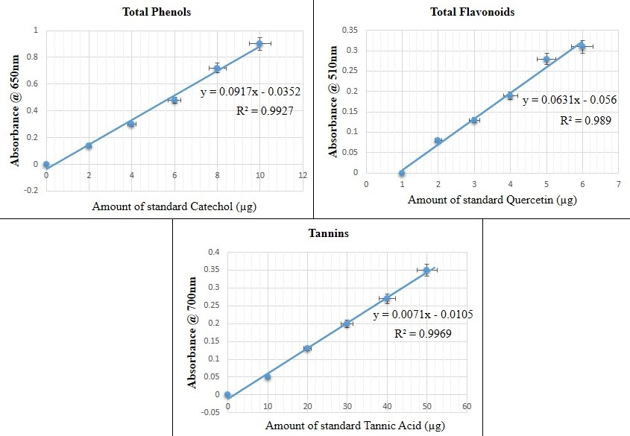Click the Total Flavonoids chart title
point(473,12)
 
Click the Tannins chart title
point(328,233)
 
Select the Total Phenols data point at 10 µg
point(259,44)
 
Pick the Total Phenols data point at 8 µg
point(217,69)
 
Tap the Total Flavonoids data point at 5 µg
point(546,60)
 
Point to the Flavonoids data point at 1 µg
point(402,173)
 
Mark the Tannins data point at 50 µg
point(426,271)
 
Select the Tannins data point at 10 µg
point(268,377)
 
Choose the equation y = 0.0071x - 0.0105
point(422,315)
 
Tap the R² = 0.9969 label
point(422,335)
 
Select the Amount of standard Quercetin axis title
point(492,200)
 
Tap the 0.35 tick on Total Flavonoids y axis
point(350,30)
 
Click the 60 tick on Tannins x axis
point(466,406)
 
